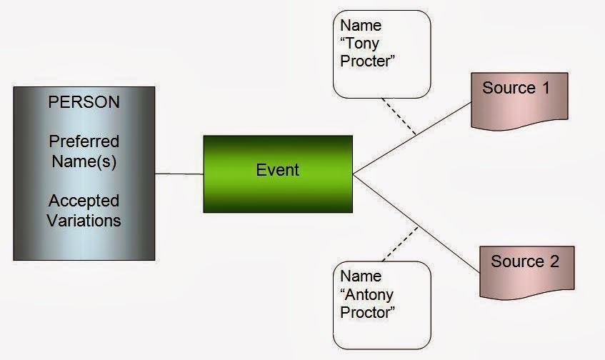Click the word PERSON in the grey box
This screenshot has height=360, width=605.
(x=84, y=102)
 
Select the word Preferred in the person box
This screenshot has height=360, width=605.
(x=84, y=141)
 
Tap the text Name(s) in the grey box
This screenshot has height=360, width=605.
(x=84, y=161)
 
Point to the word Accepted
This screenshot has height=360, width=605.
(x=84, y=201)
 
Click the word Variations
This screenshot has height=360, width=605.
(x=84, y=221)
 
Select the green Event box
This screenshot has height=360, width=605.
(x=278, y=174)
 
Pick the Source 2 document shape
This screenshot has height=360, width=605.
(x=527, y=272)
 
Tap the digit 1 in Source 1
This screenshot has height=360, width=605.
(x=546, y=88)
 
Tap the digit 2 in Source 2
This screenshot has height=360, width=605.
(x=554, y=261)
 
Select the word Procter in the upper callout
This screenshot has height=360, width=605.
(x=365, y=61)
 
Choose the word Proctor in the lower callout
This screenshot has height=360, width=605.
(x=366, y=313)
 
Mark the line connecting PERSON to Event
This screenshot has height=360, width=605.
(x=179, y=174)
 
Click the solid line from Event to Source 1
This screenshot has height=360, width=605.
(x=412, y=138)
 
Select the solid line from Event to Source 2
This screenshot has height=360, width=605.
(x=416, y=224)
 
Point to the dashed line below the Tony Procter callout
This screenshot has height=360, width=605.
(x=399, y=116)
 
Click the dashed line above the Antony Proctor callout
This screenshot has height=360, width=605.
(x=400, y=244)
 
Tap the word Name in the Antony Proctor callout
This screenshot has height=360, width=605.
(x=361, y=276)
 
